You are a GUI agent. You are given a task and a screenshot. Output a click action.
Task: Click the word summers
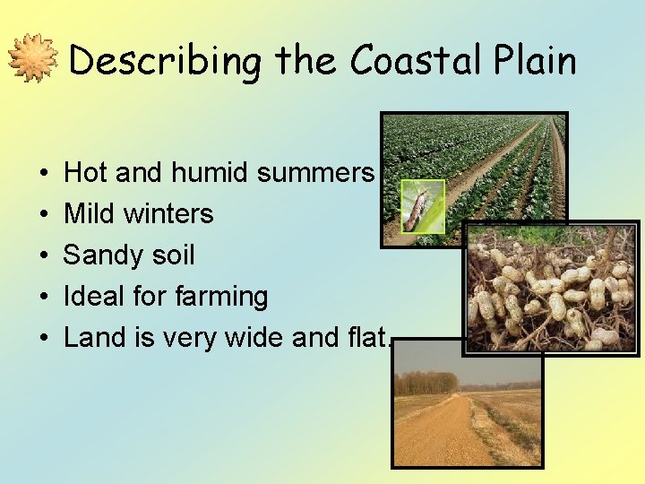point(314,172)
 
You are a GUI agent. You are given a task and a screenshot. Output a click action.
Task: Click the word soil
point(169,255)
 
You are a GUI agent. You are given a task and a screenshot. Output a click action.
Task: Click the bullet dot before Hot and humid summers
point(44,173)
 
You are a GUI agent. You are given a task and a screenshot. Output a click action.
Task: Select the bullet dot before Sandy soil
point(44,255)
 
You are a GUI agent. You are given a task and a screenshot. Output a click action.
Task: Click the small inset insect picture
point(423,207)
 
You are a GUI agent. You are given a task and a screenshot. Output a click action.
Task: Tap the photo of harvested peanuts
point(550,287)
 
